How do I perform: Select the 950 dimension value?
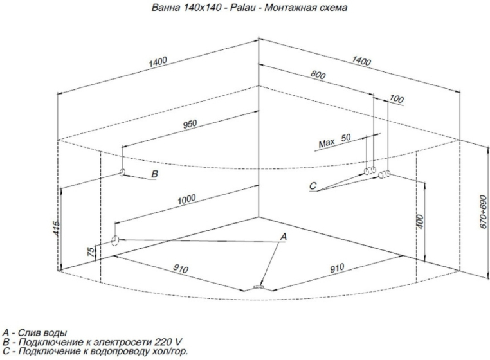190,124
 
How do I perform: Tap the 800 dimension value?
318,75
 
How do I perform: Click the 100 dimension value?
397,100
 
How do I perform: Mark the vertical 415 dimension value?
57,227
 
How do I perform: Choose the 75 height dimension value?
92,250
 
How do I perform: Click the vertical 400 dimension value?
420,222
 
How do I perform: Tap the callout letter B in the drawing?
154,174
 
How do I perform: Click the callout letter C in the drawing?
313,186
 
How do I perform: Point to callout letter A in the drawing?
281,237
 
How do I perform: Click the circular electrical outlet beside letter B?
122,173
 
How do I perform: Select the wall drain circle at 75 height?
114,240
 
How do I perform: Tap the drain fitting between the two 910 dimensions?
259,288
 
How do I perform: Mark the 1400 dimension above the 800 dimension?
361,62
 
